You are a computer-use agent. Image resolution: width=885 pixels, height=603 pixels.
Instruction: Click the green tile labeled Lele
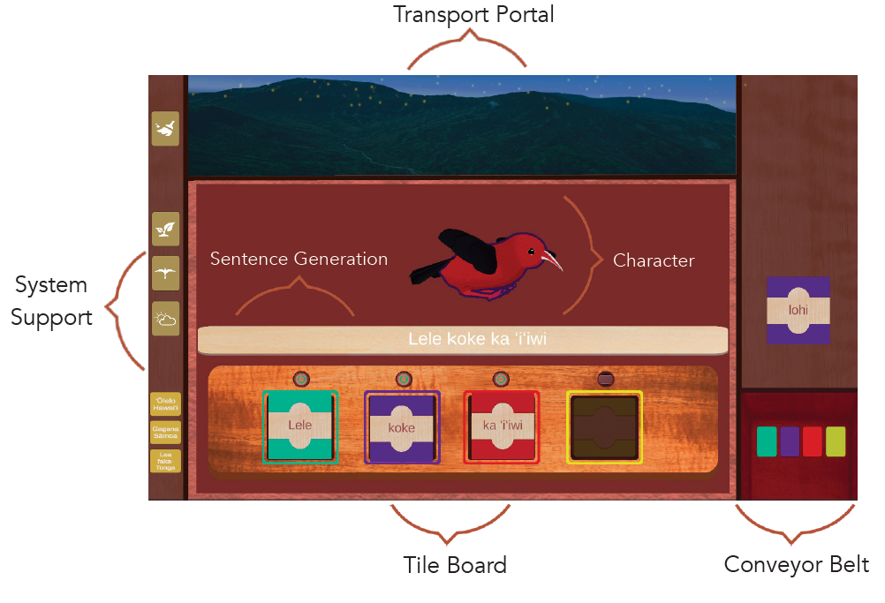300,426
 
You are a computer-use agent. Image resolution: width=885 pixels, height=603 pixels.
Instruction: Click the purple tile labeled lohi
798,310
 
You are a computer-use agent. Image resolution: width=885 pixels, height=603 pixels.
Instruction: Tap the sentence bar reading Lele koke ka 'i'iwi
463,339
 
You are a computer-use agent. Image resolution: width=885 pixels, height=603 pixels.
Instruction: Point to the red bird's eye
531,251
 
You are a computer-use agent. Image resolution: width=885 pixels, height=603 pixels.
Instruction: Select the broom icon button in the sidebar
166,128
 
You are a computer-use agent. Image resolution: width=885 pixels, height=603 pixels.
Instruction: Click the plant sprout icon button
166,229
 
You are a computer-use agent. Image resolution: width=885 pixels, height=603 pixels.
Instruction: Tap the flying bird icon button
166,274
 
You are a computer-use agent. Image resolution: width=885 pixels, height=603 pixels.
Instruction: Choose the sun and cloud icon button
166,319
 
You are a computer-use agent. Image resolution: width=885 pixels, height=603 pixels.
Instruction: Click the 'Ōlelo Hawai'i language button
166,405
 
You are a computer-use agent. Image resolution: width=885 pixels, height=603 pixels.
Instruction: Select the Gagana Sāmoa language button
166,433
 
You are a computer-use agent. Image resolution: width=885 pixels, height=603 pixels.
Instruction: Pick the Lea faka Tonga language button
166,461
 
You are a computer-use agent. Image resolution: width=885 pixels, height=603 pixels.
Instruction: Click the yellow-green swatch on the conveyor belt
836,441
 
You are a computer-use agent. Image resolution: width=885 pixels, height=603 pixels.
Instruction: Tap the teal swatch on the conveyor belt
767,441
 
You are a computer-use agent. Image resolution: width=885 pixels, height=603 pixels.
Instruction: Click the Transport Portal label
473,15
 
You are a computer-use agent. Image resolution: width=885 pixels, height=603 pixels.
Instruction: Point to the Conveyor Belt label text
796,564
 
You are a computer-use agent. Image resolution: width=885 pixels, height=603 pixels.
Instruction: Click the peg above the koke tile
403,379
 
